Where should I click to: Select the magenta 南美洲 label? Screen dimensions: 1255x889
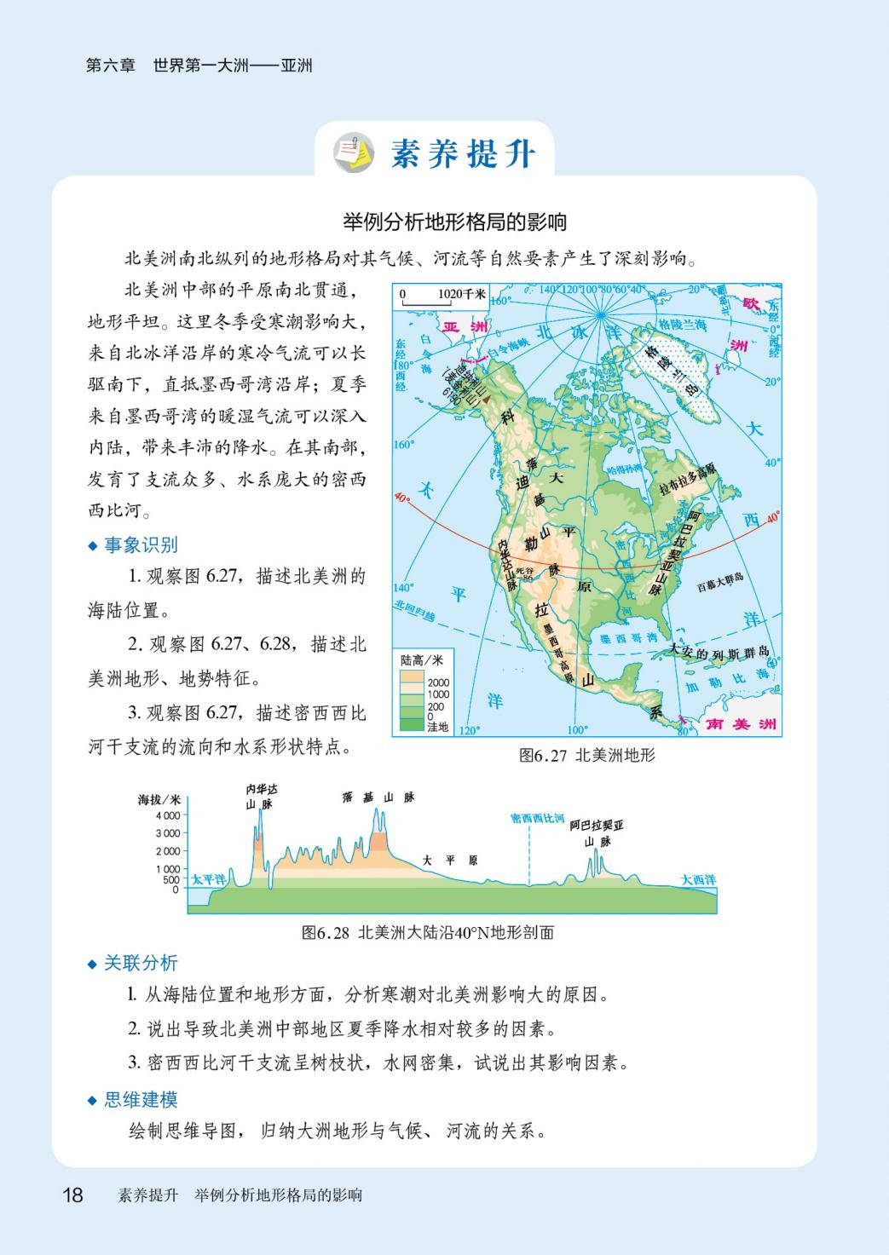[x=742, y=724]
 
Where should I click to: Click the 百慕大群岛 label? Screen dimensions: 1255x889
[x=720, y=577]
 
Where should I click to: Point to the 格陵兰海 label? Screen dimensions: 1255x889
[x=683, y=325]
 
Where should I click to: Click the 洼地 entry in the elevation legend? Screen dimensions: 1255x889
[x=437, y=727]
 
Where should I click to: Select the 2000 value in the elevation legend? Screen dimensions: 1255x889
[x=438, y=682]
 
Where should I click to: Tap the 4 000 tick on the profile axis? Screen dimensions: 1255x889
[x=168, y=815]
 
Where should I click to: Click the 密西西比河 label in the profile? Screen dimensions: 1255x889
[x=538, y=819]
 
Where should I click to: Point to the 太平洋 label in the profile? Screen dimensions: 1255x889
[x=208, y=879]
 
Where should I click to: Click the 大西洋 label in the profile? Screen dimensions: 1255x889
[x=698, y=879]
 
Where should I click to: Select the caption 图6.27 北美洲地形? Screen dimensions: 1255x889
[x=587, y=755]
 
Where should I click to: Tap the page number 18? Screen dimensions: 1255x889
[x=72, y=1195]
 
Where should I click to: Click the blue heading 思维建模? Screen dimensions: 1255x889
[x=141, y=1099]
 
